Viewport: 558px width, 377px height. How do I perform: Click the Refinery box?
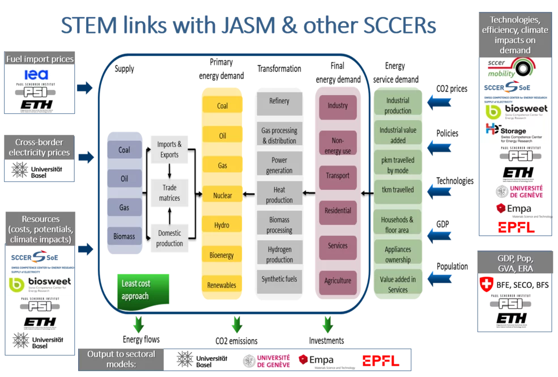point(279,101)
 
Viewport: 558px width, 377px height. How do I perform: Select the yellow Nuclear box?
point(223,196)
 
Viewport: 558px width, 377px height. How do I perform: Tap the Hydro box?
point(223,225)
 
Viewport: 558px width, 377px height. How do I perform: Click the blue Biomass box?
point(124,235)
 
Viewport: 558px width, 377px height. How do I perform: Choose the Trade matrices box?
point(169,193)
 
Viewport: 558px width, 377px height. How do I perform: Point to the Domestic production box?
point(169,238)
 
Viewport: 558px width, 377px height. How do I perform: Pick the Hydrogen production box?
point(279,254)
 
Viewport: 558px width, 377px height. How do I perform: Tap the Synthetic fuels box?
point(279,279)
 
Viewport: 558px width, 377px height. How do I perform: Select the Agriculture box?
point(338,281)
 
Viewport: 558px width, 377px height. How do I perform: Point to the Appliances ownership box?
point(398,254)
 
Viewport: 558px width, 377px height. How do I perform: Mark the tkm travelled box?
point(398,190)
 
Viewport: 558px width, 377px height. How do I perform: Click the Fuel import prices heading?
point(40,59)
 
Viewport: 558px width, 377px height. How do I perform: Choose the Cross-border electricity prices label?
point(39,147)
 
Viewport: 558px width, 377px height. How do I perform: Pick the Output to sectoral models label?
point(121,358)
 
